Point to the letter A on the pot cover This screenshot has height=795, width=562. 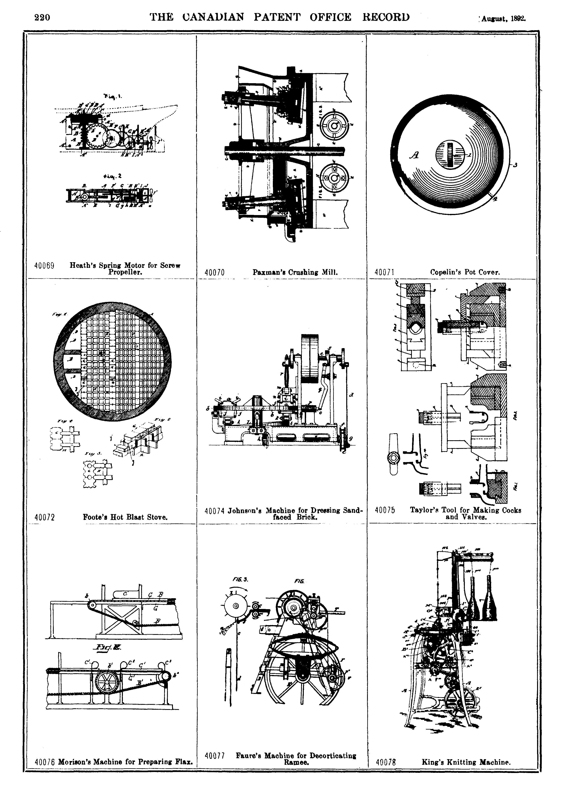pyautogui.click(x=414, y=155)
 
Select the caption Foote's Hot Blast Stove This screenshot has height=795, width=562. pyautogui.click(x=125, y=517)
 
